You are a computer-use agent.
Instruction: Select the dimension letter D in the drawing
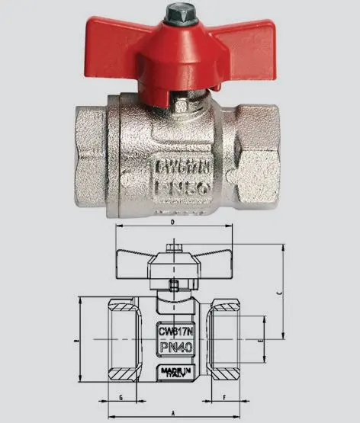tap(173, 223)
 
